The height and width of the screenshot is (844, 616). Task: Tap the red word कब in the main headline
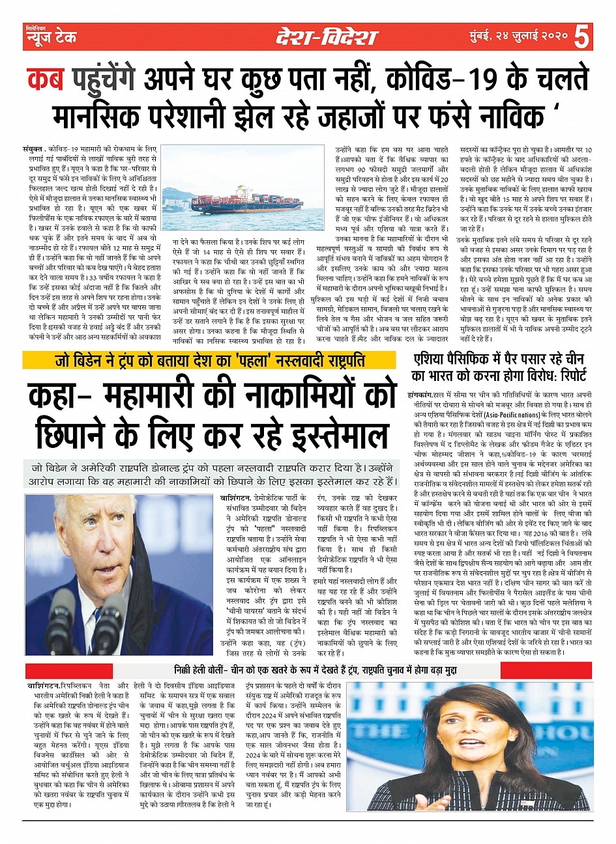point(45,79)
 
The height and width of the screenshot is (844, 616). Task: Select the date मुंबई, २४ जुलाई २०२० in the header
point(518,38)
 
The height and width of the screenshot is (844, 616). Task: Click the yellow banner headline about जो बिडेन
point(209,360)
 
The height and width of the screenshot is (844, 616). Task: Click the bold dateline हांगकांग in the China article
point(420,396)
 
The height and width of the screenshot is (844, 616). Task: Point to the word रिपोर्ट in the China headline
point(566,376)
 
